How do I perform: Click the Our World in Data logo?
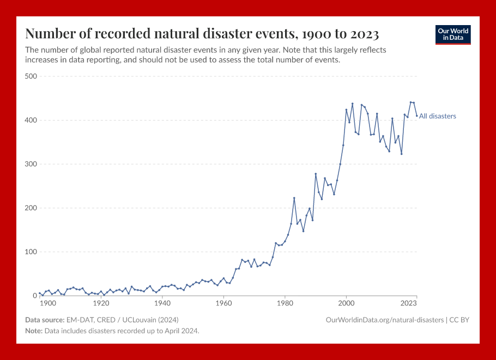coord(453,34)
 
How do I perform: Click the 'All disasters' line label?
coord(437,116)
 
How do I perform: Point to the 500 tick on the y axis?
coord(31,76)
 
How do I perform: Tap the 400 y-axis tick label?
coord(31,120)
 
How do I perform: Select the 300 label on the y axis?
coord(31,164)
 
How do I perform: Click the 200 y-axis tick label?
coord(31,208)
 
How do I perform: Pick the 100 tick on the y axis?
coord(31,252)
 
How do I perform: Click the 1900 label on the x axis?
coord(47,303)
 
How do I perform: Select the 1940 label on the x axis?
coord(161,303)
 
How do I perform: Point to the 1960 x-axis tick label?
coord(223,303)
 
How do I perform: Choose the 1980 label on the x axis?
coord(285,303)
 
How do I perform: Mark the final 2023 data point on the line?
coord(417,116)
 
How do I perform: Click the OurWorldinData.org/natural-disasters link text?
coord(384,320)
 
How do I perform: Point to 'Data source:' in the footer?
coord(44,320)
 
